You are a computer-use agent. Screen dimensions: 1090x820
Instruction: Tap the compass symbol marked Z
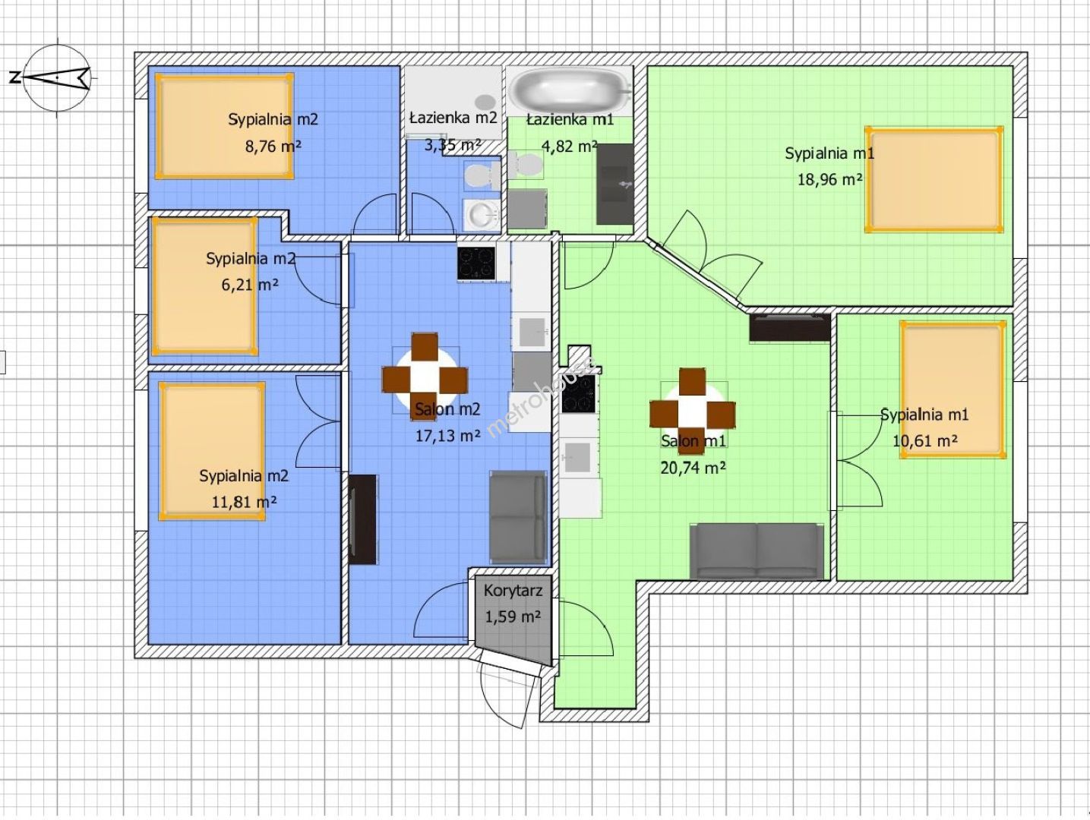[x=57, y=77]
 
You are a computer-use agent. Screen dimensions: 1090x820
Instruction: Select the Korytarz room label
[x=513, y=591]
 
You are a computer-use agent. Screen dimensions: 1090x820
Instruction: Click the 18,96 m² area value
[x=829, y=179]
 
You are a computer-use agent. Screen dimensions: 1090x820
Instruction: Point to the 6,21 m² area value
[x=250, y=285]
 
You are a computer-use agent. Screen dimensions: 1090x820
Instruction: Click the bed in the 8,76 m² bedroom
[x=224, y=126]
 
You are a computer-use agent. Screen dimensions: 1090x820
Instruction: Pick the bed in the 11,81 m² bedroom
[x=212, y=451]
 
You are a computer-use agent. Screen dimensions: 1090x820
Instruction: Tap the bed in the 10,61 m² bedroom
[x=953, y=389]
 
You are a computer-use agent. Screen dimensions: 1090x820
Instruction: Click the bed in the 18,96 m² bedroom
[x=934, y=179]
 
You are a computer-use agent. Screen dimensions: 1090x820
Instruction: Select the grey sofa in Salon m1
[x=757, y=551]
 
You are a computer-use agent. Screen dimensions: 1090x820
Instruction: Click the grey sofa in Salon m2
[x=518, y=516]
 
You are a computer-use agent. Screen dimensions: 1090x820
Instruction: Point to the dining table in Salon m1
[x=692, y=411]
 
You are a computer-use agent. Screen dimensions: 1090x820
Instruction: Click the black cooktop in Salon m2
[x=476, y=263]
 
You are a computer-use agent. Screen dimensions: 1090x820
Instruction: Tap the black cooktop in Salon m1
[x=579, y=394]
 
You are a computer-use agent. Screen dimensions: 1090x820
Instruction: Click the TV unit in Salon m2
[x=362, y=519]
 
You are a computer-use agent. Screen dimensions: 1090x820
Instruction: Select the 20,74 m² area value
[x=693, y=467]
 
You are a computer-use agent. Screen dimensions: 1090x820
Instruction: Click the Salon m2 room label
[x=447, y=409]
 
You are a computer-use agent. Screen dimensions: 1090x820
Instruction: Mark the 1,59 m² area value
[x=513, y=617]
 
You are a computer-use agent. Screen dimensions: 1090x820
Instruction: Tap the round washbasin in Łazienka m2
[x=481, y=216]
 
